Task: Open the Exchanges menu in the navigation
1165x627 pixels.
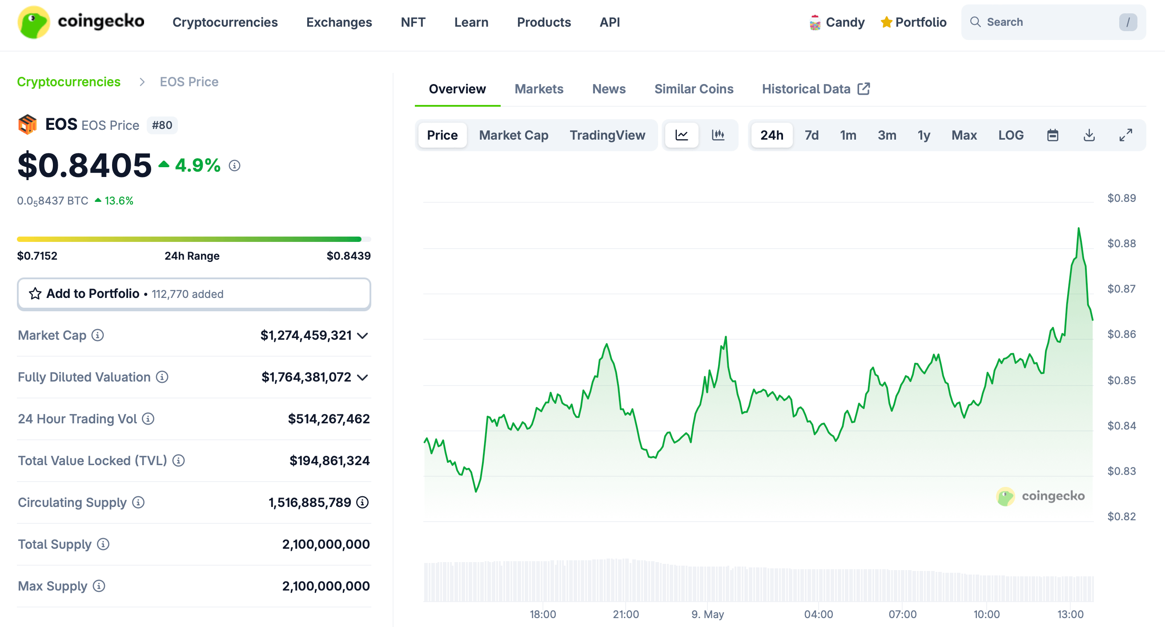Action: click(x=339, y=22)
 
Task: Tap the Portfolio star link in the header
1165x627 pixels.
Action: click(x=914, y=22)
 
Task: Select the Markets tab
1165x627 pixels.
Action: click(x=538, y=89)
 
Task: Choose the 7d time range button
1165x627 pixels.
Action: click(x=811, y=135)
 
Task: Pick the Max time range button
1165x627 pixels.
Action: click(x=964, y=135)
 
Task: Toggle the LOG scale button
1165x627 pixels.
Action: click(x=1010, y=135)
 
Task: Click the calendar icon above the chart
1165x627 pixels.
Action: click(x=1053, y=135)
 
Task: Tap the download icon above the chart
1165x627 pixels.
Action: click(x=1089, y=135)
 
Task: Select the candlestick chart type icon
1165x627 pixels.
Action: click(x=718, y=135)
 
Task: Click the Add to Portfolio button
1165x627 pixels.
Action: click(x=193, y=294)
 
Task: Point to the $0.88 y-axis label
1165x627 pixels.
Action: click(x=1121, y=244)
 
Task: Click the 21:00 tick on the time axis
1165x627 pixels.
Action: click(x=626, y=615)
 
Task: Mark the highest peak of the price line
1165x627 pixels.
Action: click(x=1079, y=229)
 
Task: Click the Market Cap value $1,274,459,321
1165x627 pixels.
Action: click(x=306, y=335)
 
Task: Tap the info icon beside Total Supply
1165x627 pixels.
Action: click(x=103, y=544)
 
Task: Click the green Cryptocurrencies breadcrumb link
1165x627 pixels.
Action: click(x=69, y=82)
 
